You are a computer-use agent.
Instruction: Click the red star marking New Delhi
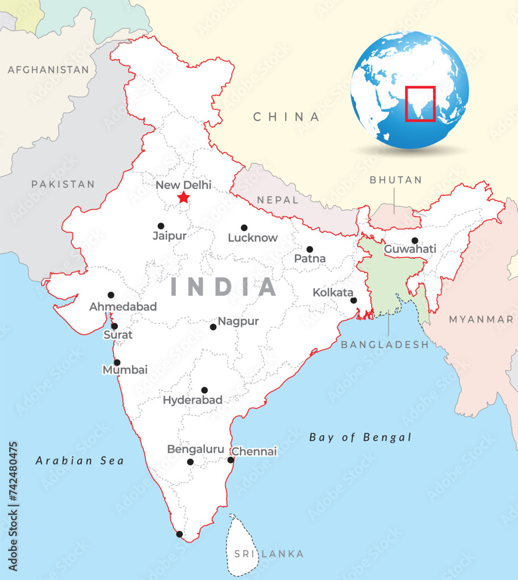point(184,198)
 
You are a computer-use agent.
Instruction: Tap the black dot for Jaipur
point(161,226)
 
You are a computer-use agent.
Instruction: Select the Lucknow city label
point(253,238)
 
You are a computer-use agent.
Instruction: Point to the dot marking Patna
point(310,249)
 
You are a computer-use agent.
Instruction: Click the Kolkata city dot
point(353,300)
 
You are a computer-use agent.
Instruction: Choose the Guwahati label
point(410,249)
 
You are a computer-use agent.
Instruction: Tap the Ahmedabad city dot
point(111,295)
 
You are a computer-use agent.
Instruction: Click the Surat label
point(118,335)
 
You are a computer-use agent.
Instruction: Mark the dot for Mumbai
point(117,362)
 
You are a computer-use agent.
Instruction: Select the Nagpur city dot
point(213,327)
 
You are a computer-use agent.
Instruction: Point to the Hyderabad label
point(192,400)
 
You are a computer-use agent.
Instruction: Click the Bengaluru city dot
point(190,462)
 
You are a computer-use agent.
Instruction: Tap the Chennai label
point(254,451)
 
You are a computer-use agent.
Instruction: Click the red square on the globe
point(420,104)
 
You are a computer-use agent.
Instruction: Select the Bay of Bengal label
point(360,437)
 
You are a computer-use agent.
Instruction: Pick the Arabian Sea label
point(80,461)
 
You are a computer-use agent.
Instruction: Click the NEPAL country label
point(278,200)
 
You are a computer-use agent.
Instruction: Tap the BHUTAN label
point(396,180)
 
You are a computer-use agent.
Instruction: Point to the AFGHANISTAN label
point(48,70)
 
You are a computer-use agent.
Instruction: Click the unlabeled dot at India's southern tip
point(179,534)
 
